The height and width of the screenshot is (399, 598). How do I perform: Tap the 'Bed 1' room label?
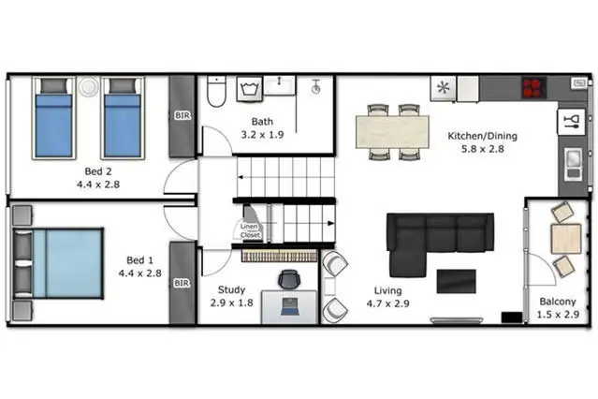[139, 260]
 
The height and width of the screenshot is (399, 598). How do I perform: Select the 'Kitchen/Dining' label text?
[482, 136]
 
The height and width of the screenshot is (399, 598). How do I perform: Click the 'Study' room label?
[231, 290]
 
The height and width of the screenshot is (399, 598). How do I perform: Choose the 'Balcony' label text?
[557, 301]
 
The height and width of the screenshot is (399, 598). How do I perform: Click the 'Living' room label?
[387, 290]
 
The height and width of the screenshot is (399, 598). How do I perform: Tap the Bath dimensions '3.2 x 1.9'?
[262, 135]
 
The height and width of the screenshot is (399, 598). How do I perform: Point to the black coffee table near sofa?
[456, 280]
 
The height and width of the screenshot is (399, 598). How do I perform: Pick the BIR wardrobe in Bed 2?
[182, 117]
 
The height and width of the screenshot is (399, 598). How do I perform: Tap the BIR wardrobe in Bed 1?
[182, 282]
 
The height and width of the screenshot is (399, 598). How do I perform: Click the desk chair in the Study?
[289, 278]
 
